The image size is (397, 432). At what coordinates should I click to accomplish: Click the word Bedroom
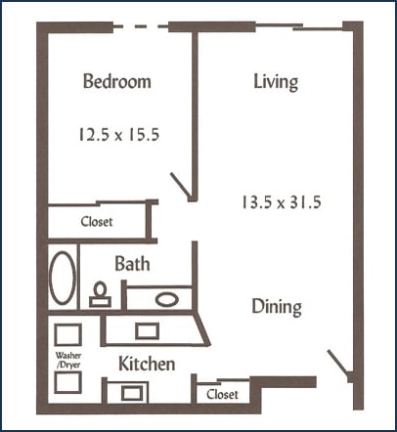(x=116, y=82)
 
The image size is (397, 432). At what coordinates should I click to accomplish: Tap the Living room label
(x=275, y=82)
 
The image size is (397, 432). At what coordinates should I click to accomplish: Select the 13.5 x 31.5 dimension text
(x=282, y=203)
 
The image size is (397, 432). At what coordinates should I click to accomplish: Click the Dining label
(x=276, y=307)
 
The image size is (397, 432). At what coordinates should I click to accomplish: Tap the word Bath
(x=131, y=264)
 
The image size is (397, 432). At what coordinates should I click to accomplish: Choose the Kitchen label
(x=147, y=365)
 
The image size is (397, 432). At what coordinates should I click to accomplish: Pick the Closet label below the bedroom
(x=97, y=222)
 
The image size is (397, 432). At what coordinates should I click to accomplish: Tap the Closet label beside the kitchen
(x=223, y=395)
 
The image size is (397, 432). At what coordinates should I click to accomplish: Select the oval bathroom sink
(x=167, y=298)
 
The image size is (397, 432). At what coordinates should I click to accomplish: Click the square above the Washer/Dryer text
(x=67, y=333)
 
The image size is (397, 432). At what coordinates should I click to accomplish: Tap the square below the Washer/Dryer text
(x=67, y=382)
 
